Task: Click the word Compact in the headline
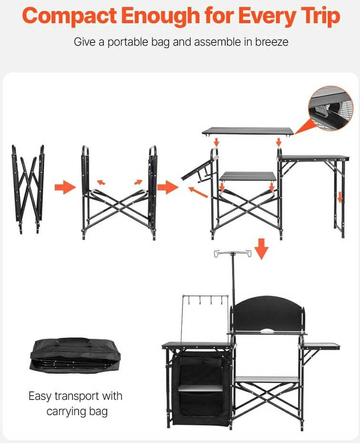(69, 16)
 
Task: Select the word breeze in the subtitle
(271, 42)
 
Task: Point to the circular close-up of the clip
(330, 108)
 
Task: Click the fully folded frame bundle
(29, 189)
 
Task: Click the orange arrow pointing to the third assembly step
(168, 187)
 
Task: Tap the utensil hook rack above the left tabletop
(205, 301)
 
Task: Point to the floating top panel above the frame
(248, 131)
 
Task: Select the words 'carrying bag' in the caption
(77, 412)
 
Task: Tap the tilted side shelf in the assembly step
(197, 169)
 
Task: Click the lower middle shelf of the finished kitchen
(267, 380)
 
